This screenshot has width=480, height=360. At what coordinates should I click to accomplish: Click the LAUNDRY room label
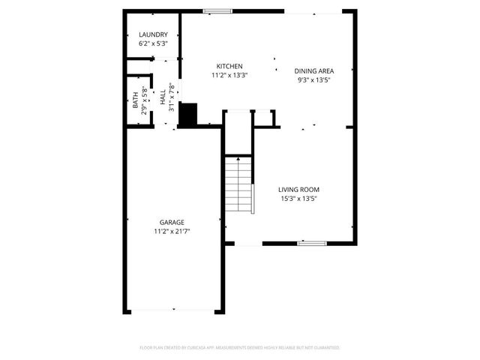(x=153, y=35)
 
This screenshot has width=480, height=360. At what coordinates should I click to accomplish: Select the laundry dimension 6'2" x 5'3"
(x=153, y=44)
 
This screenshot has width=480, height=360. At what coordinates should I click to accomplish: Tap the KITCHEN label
(x=229, y=66)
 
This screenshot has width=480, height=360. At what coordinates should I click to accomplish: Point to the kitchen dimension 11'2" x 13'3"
(x=229, y=75)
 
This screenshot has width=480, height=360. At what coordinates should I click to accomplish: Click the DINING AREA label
(x=313, y=70)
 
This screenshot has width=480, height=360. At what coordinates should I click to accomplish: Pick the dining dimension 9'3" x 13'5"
(x=313, y=79)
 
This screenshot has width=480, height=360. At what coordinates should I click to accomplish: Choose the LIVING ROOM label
(x=299, y=190)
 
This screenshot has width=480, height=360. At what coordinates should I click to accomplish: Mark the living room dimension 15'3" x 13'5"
(x=299, y=199)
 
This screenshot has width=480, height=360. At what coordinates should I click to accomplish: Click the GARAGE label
(x=172, y=222)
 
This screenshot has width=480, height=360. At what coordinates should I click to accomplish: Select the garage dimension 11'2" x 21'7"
(x=172, y=231)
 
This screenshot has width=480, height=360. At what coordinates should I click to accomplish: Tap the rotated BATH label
(x=136, y=100)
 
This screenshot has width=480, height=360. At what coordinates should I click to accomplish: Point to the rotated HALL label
(x=163, y=97)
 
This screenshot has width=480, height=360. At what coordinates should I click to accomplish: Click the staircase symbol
(x=239, y=185)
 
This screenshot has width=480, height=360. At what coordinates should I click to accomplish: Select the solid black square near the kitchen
(x=187, y=113)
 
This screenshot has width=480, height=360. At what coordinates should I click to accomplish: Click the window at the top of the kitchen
(x=217, y=10)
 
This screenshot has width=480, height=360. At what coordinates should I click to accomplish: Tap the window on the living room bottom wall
(x=311, y=243)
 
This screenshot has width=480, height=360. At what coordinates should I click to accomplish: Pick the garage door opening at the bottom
(x=174, y=311)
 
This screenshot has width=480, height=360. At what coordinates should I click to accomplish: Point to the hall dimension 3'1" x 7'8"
(x=172, y=97)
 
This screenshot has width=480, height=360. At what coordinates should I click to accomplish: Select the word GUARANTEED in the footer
(x=325, y=348)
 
